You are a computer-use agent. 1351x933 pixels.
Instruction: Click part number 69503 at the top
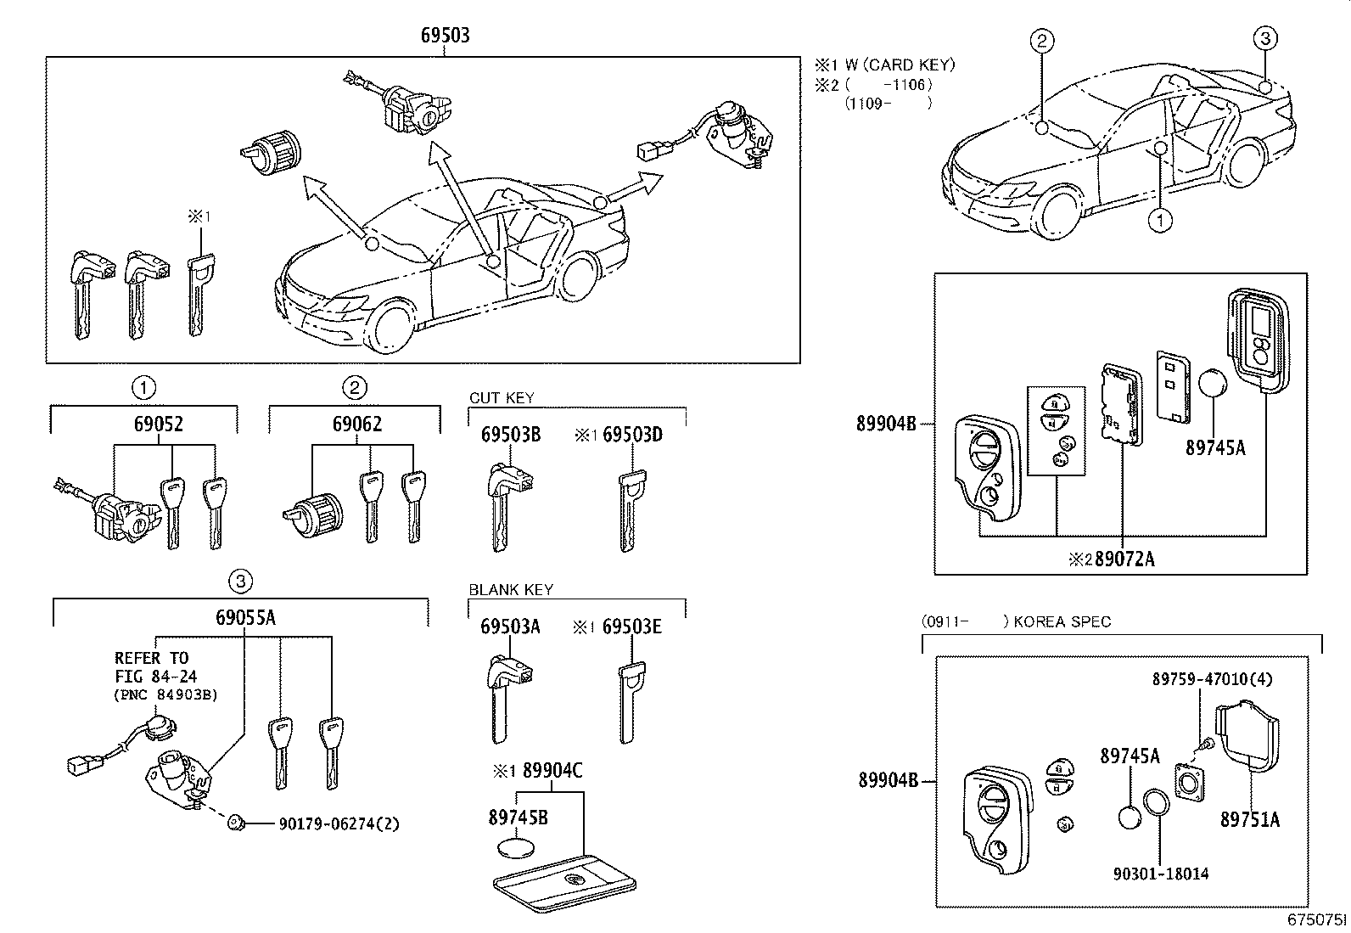point(446,36)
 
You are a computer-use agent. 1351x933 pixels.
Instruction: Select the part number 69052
point(158,424)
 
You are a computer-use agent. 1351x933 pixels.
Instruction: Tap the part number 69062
point(357,424)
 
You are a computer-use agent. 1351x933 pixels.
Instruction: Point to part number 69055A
point(245,617)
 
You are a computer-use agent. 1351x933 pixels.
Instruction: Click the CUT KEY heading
point(502,398)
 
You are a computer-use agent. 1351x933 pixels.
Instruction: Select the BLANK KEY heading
point(511,590)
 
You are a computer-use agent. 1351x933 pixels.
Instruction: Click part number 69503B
point(511,436)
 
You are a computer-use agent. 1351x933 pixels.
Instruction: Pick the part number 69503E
point(632,627)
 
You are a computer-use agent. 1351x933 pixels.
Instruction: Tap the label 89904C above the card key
point(552,771)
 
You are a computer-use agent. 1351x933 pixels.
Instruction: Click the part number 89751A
point(1250,820)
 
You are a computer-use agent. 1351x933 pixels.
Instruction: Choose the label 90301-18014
point(1161,874)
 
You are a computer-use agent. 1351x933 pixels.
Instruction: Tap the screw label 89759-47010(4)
point(1212,679)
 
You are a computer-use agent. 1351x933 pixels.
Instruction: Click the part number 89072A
point(1124,559)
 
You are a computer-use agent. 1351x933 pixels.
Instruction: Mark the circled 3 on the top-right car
point(1264,38)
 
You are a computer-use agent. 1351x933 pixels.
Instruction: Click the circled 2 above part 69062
point(354,389)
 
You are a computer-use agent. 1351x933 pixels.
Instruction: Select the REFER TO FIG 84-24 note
point(152,666)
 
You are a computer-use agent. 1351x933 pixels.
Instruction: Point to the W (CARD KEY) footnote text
point(900,65)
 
